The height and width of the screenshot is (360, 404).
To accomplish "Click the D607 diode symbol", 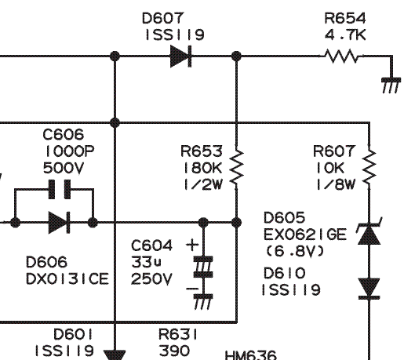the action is [x=180, y=56].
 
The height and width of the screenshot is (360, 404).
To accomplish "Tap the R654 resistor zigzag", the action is [x=342, y=56].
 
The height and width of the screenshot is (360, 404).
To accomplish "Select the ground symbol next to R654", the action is [x=391, y=85].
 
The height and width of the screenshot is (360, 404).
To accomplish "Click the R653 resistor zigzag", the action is [x=237, y=166].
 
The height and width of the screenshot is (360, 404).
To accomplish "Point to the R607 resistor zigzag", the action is [x=369, y=166].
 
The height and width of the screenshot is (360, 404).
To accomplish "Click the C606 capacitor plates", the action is [x=60, y=189].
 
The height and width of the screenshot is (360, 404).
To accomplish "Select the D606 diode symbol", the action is [x=60, y=223].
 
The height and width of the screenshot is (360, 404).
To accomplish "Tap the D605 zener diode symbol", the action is [x=369, y=232].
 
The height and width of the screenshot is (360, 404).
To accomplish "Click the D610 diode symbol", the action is [x=369, y=289].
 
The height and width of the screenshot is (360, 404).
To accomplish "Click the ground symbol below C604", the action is [x=203, y=302].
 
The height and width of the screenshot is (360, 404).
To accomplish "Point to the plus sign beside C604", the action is [x=192, y=245].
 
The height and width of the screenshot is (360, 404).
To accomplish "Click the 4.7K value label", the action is [x=345, y=35].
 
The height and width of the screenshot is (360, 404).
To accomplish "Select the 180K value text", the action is [x=203, y=168].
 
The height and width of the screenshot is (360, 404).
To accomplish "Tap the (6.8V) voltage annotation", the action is [x=295, y=251].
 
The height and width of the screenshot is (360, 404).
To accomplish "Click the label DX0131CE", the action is [x=67, y=278].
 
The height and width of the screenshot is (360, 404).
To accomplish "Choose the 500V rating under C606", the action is [x=64, y=168].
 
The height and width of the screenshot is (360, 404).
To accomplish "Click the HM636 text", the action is [x=250, y=355].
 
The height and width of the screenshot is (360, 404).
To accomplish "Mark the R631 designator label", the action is [x=178, y=334].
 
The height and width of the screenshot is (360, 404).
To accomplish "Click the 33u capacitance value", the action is [x=147, y=262].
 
